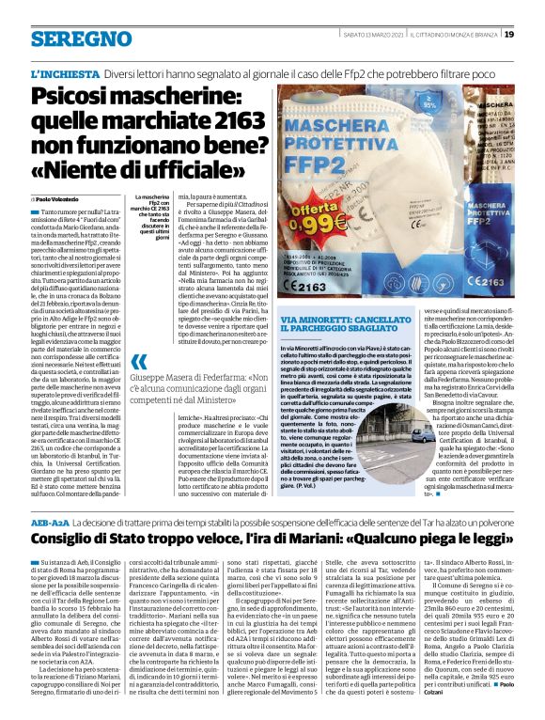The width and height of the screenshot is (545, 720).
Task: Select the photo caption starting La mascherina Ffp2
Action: pyautogui.click(x=137, y=222)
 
